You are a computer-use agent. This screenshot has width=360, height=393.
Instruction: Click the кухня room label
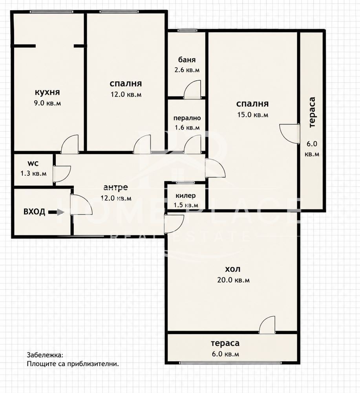point(48,92)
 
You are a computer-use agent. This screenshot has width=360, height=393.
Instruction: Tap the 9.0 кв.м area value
point(48,103)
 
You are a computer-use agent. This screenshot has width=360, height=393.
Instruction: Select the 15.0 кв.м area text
point(252,114)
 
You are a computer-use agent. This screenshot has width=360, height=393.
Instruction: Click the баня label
point(187,60)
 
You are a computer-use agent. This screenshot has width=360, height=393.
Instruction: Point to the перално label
point(187,118)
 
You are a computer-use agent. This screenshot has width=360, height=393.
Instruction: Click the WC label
point(33,163)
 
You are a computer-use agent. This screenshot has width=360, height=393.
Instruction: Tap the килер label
point(186,195)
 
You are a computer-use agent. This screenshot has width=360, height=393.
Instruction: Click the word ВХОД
point(34,212)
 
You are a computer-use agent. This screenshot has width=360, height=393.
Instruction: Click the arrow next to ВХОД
point(56,212)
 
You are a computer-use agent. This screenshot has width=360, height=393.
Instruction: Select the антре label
point(115,187)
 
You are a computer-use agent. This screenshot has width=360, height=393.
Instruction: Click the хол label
point(233,269)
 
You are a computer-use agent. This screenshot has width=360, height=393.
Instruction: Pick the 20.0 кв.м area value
point(233,280)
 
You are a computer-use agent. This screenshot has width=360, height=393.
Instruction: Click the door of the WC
point(62,173)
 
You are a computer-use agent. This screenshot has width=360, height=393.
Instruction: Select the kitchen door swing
point(70,144)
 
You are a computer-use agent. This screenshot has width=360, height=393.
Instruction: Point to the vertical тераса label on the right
point(312,112)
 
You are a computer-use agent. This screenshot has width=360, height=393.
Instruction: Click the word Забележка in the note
point(45,355)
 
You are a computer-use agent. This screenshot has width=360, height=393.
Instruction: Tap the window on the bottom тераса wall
point(230,363)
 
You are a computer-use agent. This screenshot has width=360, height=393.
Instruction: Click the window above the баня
point(188,31)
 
